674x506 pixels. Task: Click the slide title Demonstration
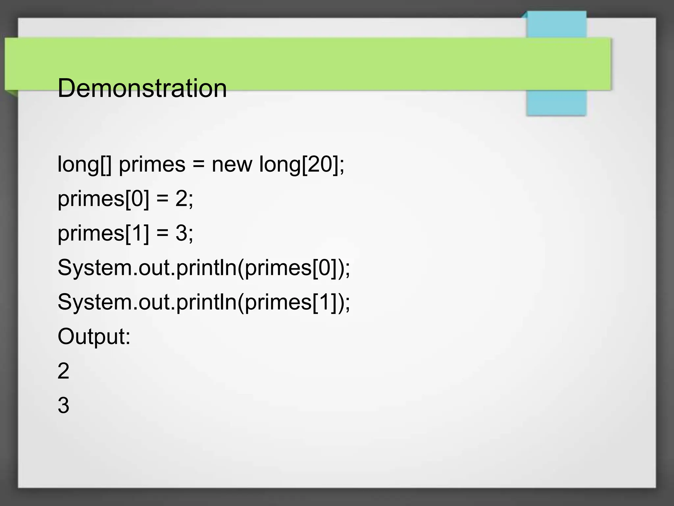(142, 88)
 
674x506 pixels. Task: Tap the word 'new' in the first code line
(232, 164)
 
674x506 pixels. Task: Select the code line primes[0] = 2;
(125, 199)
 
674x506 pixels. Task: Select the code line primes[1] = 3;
(125, 233)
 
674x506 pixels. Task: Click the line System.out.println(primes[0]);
(204, 267)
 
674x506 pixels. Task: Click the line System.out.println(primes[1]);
(204, 302)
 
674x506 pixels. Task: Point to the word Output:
(94, 336)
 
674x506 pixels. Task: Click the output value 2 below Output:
(63, 371)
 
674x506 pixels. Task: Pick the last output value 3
(63, 405)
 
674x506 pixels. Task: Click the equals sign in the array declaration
(198, 164)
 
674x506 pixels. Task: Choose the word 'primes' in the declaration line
(152, 164)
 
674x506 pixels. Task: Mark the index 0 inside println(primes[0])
(325, 267)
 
